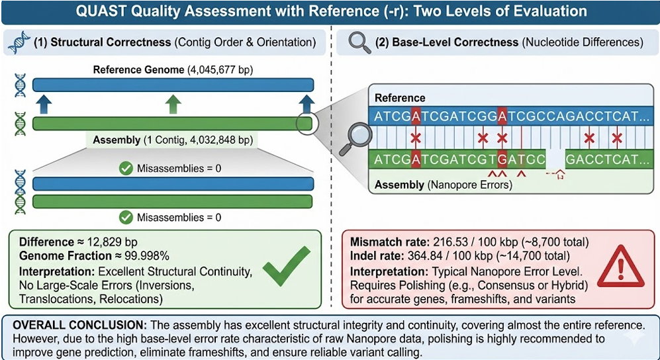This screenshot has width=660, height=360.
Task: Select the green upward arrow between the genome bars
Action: click(172, 104)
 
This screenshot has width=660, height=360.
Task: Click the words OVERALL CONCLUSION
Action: click(73, 326)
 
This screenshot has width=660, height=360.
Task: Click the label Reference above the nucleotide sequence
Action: click(399, 98)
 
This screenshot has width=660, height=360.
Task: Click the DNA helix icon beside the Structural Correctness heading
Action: click(19, 42)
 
